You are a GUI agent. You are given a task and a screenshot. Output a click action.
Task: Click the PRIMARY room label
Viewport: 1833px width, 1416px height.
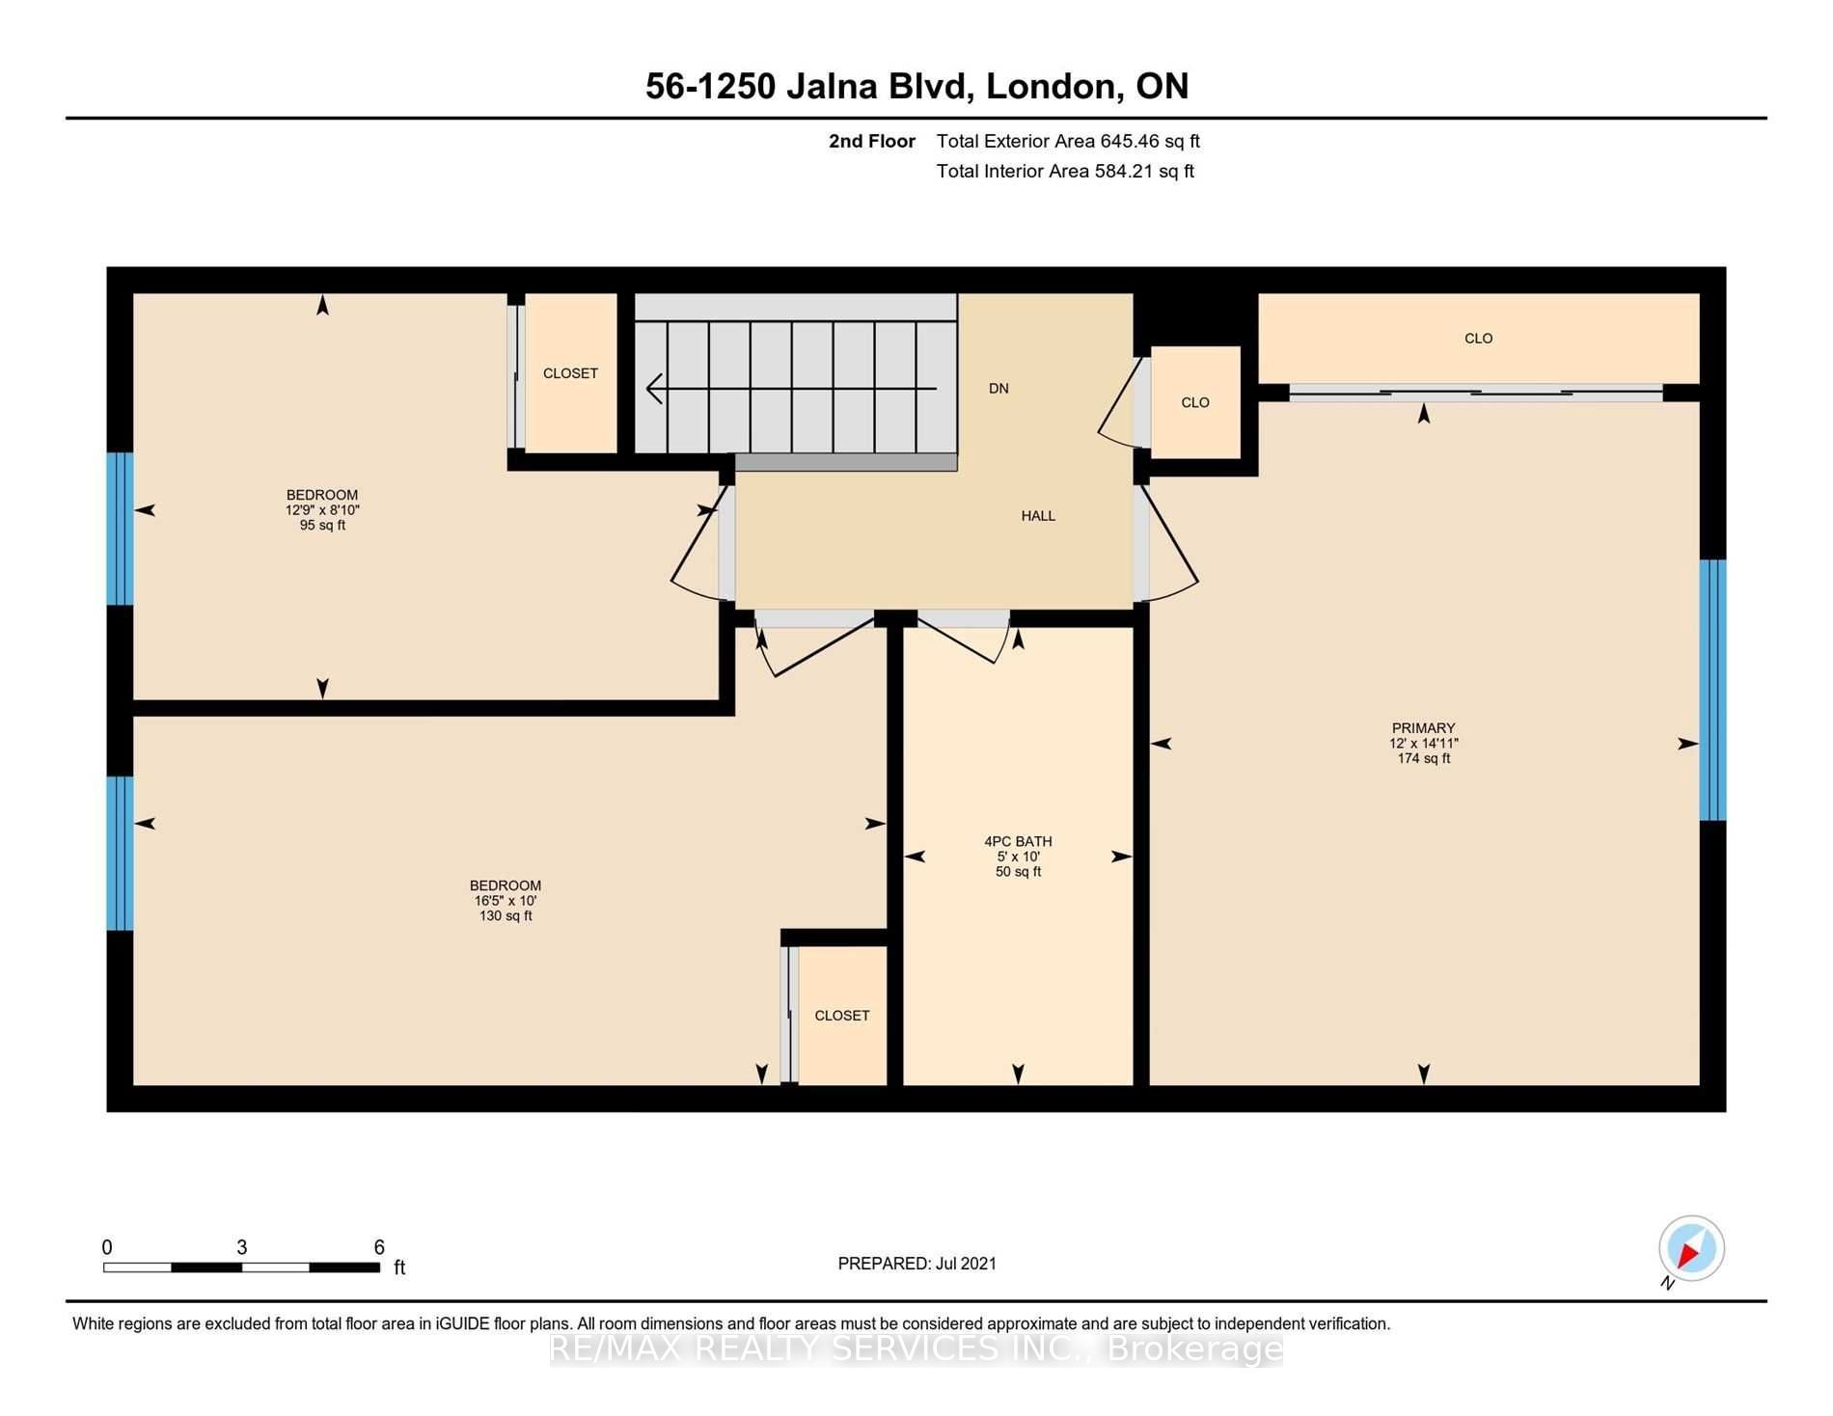[x=1423, y=728]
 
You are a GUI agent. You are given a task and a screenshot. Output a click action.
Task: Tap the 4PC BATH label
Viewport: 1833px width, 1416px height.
[x=1018, y=841]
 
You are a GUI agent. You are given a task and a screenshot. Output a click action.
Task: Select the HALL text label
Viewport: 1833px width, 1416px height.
[x=1038, y=516]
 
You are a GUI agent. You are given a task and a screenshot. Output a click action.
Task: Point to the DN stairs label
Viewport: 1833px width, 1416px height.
[x=999, y=389]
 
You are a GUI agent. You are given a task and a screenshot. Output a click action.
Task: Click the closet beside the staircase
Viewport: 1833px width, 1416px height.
[x=570, y=373]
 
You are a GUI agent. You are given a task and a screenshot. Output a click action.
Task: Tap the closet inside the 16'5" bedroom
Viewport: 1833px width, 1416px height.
[x=842, y=1015]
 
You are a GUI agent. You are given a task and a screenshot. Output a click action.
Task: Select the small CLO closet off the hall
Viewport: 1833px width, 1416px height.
[x=1195, y=402]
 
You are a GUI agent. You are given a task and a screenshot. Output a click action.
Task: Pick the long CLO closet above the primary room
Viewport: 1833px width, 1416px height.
[x=1478, y=339]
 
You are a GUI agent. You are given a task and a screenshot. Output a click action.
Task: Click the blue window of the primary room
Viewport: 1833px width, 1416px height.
[x=1712, y=690]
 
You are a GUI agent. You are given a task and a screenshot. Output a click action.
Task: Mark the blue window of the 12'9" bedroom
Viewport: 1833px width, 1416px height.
[x=120, y=529]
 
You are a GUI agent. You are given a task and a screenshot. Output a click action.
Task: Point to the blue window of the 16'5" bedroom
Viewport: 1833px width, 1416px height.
[x=120, y=854]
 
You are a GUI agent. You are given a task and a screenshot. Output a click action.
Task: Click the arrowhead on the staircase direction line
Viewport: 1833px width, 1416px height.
[x=655, y=389]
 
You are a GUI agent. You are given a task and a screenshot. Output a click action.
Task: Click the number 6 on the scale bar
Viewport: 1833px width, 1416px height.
[x=379, y=1247]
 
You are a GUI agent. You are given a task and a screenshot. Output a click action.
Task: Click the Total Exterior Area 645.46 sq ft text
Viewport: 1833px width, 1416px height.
[x=1068, y=141]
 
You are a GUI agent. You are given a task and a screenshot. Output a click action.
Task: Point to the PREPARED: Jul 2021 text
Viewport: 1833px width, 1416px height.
[x=916, y=1264]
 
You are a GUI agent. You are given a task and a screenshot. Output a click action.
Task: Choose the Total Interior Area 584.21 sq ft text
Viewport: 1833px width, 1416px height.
[x=1065, y=171]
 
